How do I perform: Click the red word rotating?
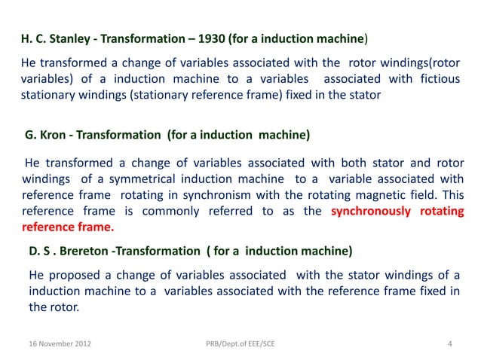tap(443, 211)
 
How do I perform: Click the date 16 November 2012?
tap(57, 345)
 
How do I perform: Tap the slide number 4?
tap(449, 345)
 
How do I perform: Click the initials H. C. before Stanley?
tap(32, 37)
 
